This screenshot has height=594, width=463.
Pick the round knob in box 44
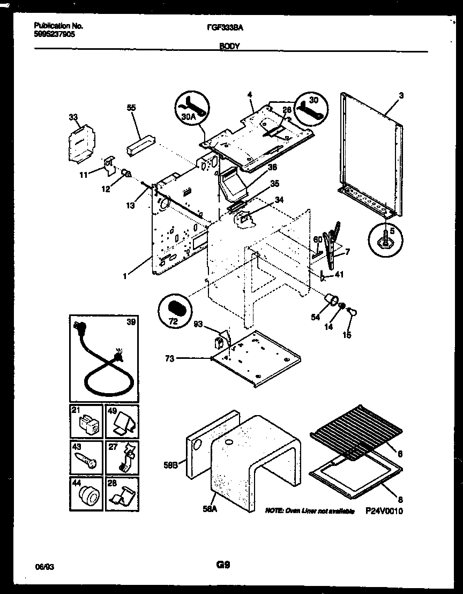(87, 493)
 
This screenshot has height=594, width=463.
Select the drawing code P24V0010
(384, 511)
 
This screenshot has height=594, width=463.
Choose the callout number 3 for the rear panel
(401, 95)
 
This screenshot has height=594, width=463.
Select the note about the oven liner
(310, 512)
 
